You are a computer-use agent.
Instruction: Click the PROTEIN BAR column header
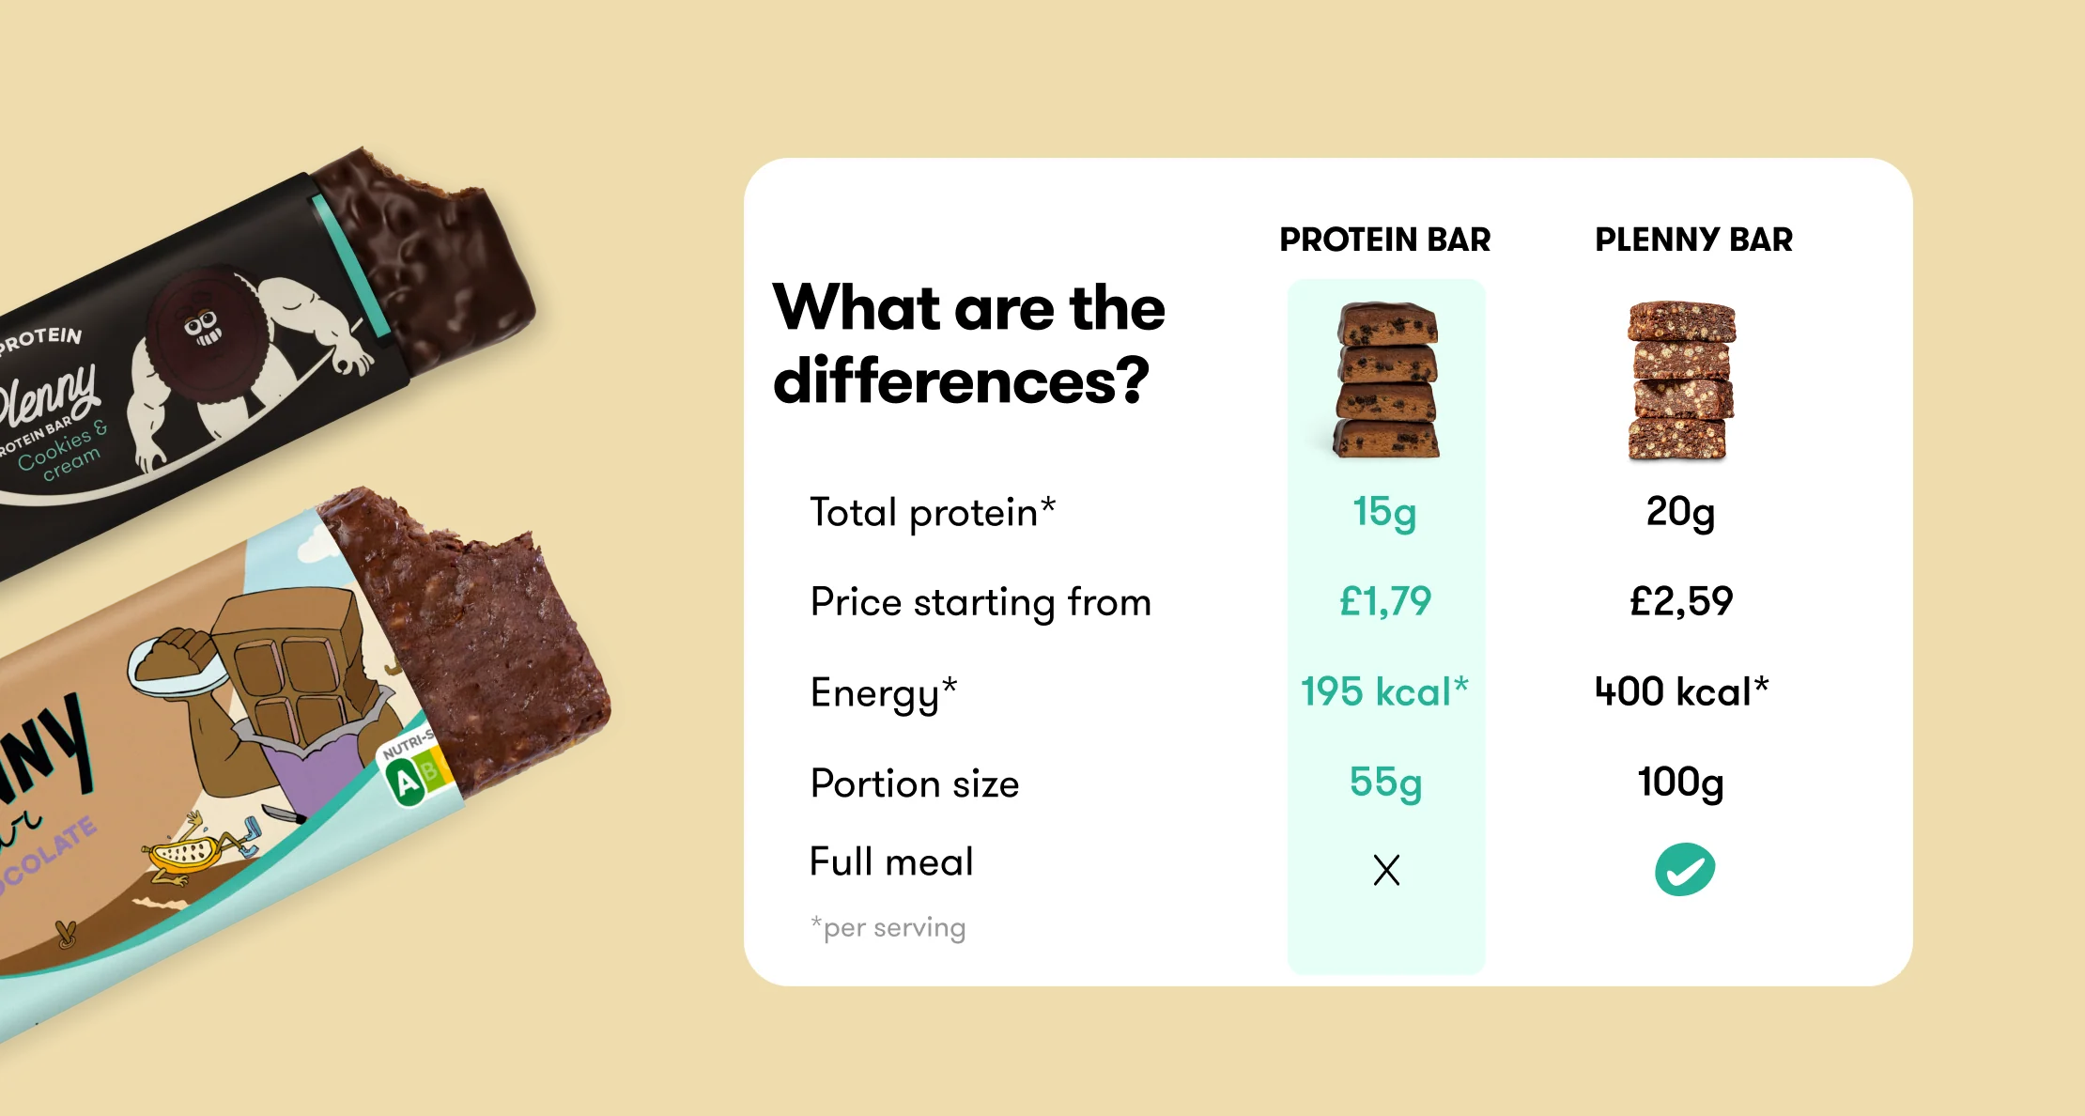pos(1385,240)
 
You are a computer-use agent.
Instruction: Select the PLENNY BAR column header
pos(1694,240)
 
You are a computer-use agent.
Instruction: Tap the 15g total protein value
pos(1384,513)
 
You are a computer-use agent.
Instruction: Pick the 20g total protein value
pos(1681,513)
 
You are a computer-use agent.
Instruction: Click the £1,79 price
pos(1385,601)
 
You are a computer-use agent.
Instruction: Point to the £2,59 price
pos(1681,601)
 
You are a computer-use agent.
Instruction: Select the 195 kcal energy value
pos(1384,691)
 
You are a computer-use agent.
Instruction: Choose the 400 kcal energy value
pos(1681,691)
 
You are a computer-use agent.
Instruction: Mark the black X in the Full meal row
pos(1386,870)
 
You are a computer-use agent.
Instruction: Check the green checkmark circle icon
pos(1685,869)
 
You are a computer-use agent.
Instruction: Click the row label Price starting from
pos(981,603)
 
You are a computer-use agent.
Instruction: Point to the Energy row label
pos(884,694)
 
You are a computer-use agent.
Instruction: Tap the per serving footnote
pos(888,927)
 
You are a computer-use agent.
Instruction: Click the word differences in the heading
pos(961,381)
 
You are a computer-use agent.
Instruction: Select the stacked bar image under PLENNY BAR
pos(1681,381)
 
